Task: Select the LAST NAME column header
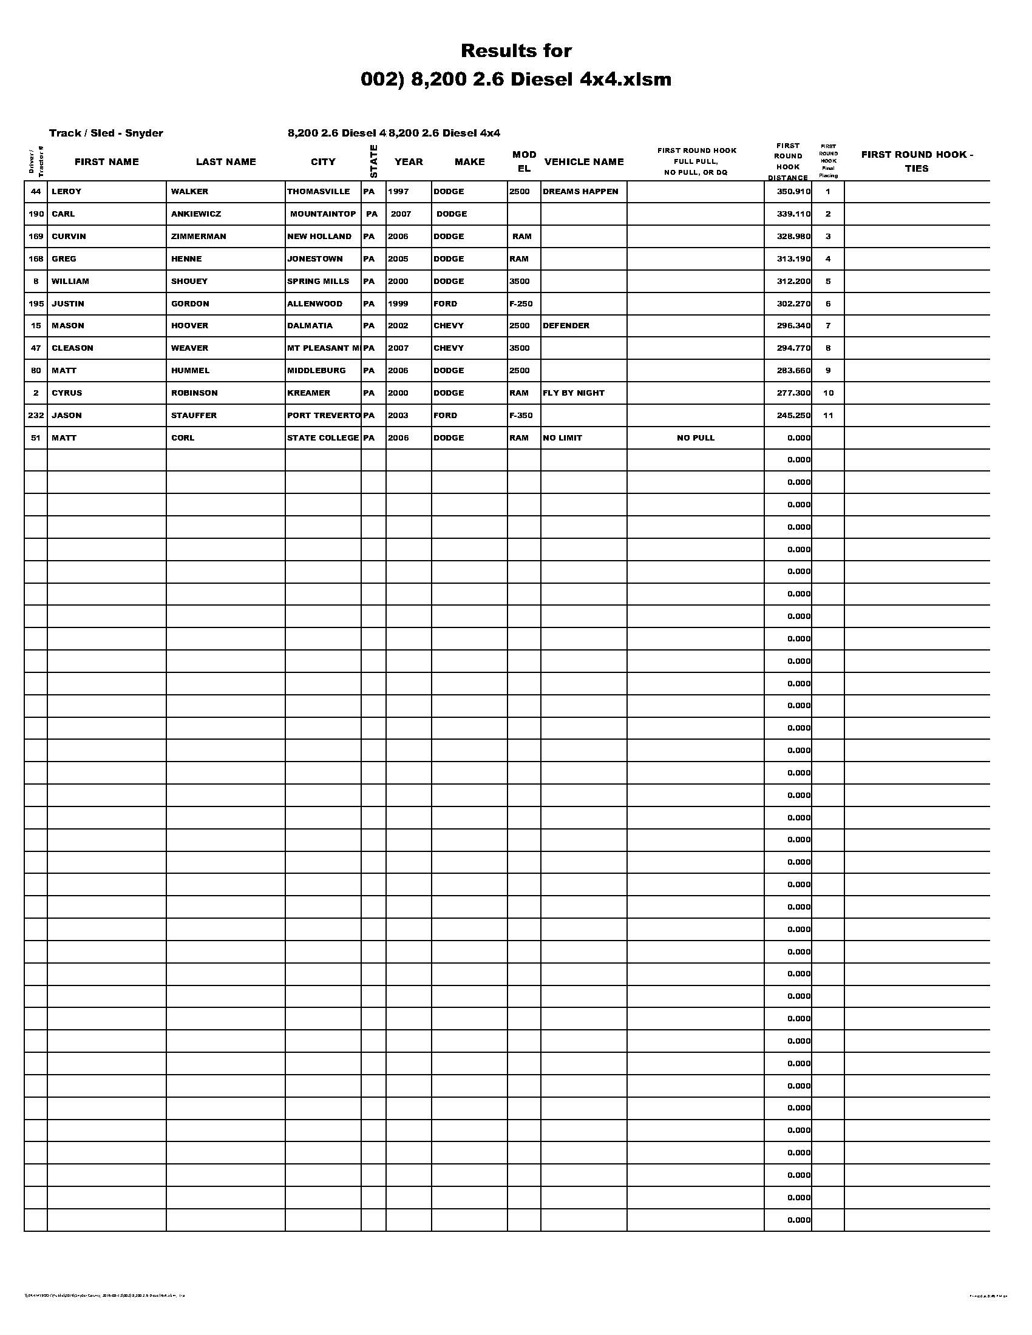(x=226, y=162)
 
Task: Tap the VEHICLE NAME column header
(x=584, y=162)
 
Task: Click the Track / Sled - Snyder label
(x=106, y=133)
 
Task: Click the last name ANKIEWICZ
(x=195, y=214)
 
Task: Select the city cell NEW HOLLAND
(x=319, y=237)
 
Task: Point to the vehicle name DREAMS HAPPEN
(x=580, y=192)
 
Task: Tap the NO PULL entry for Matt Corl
(x=695, y=438)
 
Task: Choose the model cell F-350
(x=520, y=416)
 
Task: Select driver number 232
(x=35, y=416)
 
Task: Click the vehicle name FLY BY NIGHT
(x=573, y=393)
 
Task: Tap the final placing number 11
(x=828, y=416)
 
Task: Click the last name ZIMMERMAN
(x=198, y=237)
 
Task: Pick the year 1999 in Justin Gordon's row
(x=398, y=304)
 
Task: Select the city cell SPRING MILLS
(x=318, y=281)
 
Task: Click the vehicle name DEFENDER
(x=566, y=326)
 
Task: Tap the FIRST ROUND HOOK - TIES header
(x=917, y=161)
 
